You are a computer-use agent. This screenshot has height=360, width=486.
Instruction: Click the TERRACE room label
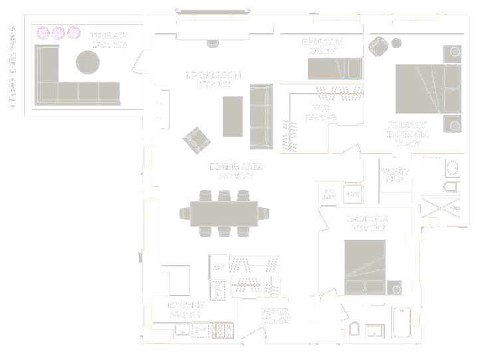(110, 35)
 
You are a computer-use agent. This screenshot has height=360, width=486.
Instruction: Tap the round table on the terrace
(89, 63)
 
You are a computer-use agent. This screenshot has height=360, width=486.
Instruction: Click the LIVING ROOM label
(213, 75)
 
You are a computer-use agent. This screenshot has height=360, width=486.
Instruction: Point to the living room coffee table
(232, 116)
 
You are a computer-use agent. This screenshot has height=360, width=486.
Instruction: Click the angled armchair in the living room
(197, 139)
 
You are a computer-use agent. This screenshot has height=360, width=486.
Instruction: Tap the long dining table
(224, 213)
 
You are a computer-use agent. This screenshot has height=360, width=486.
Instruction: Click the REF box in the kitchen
(218, 266)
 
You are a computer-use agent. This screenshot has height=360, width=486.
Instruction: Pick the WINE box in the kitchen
(217, 290)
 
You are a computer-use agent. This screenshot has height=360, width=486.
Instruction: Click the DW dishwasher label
(200, 330)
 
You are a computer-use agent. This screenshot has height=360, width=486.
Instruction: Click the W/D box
(352, 195)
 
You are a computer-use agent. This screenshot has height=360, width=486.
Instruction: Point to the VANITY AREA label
(395, 175)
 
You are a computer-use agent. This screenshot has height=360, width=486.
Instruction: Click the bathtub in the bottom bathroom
(403, 323)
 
